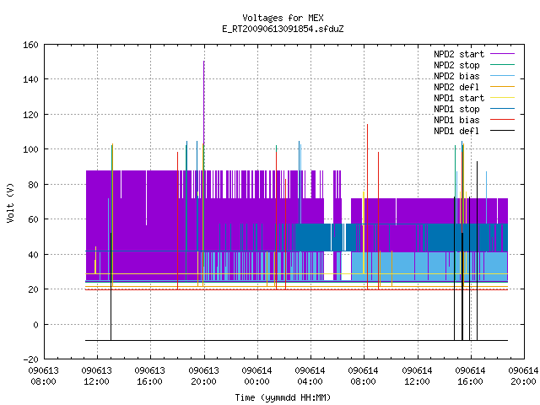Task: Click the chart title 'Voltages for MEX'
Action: (283, 18)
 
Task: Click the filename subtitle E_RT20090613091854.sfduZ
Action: (283, 29)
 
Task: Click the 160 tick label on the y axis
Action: (30, 45)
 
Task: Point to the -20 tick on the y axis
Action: (30, 359)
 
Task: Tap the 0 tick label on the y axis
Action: (35, 324)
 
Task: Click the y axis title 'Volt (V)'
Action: (10, 203)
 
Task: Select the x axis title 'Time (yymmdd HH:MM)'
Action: (283, 397)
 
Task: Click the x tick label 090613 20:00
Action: (203, 376)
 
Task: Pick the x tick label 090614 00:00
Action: (256, 376)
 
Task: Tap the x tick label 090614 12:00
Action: (417, 376)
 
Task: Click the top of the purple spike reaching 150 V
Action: (204, 62)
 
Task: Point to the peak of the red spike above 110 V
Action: (368, 125)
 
